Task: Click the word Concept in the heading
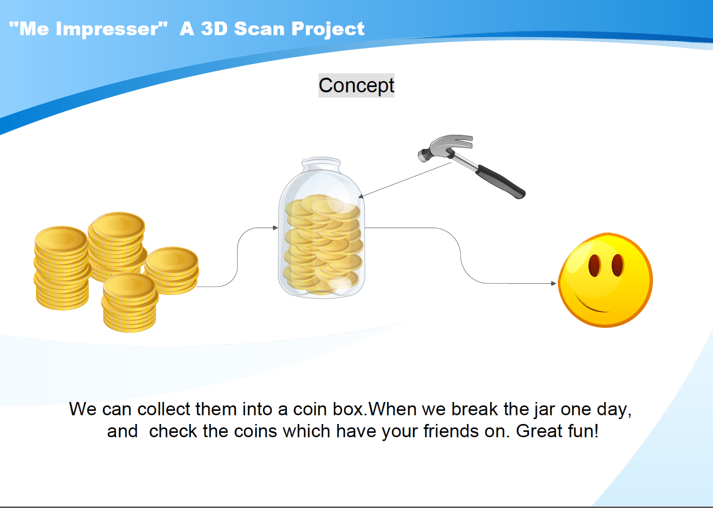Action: [x=356, y=85]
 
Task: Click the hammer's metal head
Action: [x=445, y=148]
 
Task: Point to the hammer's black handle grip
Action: [x=501, y=182]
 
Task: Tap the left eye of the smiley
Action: [x=594, y=265]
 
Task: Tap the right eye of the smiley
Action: [x=617, y=265]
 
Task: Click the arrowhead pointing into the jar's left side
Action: [x=275, y=228]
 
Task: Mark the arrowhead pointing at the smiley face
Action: [x=553, y=283]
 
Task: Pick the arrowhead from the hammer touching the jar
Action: [x=360, y=196]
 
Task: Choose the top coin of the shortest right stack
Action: [x=172, y=259]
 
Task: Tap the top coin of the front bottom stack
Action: [x=129, y=285]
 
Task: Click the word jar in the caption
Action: [x=545, y=410]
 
